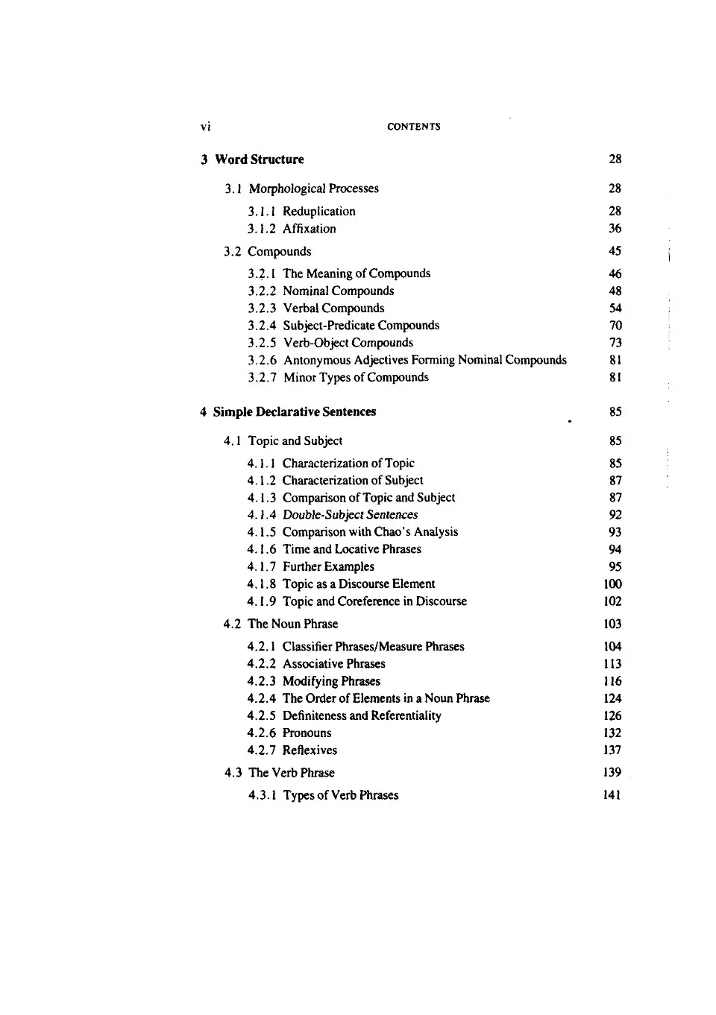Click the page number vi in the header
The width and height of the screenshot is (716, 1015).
(x=206, y=127)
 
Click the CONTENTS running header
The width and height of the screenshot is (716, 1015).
(x=414, y=127)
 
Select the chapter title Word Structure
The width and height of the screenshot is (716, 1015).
(x=260, y=159)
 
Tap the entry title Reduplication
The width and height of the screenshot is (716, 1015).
(x=319, y=212)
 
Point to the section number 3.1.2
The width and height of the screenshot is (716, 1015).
(x=262, y=229)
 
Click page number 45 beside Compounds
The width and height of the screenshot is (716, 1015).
(x=615, y=251)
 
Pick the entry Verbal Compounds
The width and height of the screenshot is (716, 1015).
(x=333, y=309)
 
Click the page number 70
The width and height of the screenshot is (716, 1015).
(x=615, y=326)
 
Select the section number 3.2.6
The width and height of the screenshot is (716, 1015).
(x=262, y=360)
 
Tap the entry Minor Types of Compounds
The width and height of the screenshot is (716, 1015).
(x=356, y=378)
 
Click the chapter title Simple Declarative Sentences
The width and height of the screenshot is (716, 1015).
(x=295, y=412)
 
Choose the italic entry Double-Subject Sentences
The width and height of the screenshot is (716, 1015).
(x=350, y=515)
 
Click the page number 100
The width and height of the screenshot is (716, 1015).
(x=613, y=584)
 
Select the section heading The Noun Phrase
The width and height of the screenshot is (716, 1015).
(x=293, y=625)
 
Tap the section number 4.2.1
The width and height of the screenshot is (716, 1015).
(x=261, y=647)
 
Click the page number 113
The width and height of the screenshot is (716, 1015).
(x=613, y=664)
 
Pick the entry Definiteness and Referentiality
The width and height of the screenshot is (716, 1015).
(x=362, y=716)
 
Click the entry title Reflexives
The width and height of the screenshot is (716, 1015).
(x=310, y=750)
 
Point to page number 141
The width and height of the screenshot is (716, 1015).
(x=612, y=795)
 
